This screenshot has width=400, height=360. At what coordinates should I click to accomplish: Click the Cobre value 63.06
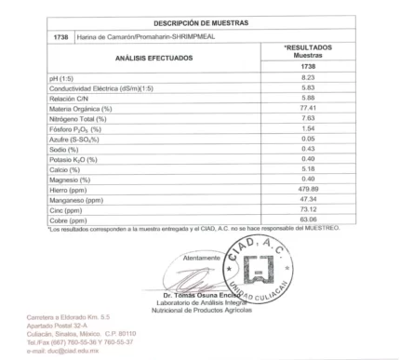[x=309, y=220]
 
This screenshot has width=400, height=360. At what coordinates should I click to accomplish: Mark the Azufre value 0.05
[x=309, y=140]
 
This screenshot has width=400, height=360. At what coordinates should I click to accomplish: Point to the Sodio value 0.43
[x=309, y=150]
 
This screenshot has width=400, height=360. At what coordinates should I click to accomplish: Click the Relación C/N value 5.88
[x=309, y=100]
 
